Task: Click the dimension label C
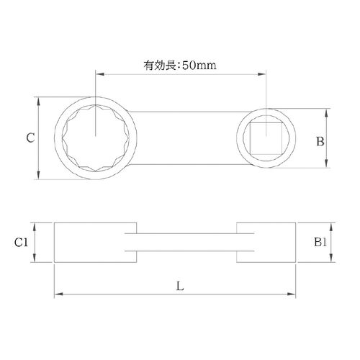click(30, 138)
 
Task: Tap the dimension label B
click(320, 141)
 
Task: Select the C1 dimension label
click(21, 243)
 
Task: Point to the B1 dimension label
click(320, 242)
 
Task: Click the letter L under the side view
click(180, 286)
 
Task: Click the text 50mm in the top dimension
click(199, 66)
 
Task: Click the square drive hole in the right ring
click(266, 138)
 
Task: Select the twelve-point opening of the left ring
click(96, 138)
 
